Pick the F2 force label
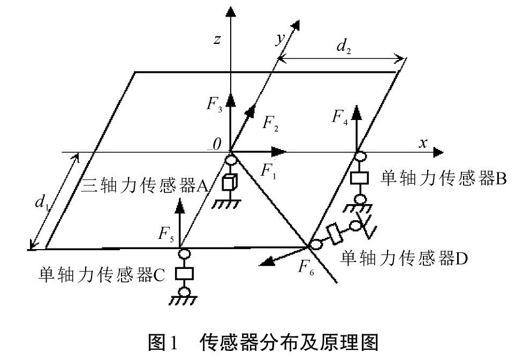tap(270, 124)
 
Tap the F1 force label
tap(268, 170)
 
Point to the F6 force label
tap(308, 265)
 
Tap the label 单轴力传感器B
tap(444, 179)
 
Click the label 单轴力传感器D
tap(405, 257)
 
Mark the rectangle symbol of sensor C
tap(183, 273)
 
